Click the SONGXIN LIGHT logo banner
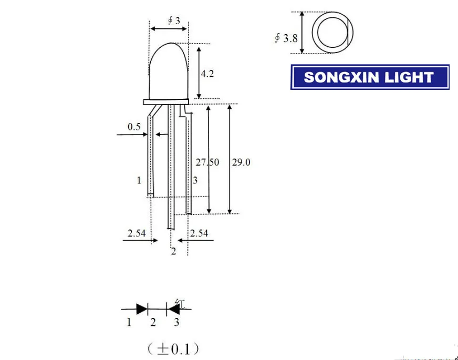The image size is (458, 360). click(x=370, y=77)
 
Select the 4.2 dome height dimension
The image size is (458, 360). click(x=207, y=74)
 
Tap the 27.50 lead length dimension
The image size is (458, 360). click(x=207, y=162)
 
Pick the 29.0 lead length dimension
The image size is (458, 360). click(x=241, y=162)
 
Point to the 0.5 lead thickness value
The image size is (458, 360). click(x=133, y=127)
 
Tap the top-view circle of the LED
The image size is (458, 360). click(x=332, y=33)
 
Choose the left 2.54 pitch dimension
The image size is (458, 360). click(x=136, y=233)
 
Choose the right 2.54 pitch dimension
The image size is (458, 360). click(x=200, y=233)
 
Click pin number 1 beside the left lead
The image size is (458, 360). click(x=139, y=181)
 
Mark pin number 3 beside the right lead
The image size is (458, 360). click(x=195, y=181)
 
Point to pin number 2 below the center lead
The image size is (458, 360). click(x=173, y=252)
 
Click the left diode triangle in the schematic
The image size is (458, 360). click(x=141, y=309)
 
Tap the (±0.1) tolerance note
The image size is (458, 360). click(x=173, y=348)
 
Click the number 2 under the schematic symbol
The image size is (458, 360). click(x=153, y=323)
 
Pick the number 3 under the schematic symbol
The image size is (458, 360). click(x=176, y=323)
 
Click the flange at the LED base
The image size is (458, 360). click(x=166, y=100)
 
